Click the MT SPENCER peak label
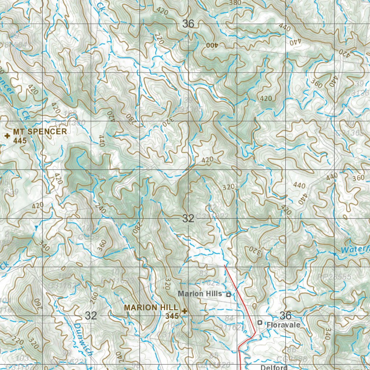coord(40,132)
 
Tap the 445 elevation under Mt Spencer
coord(20,141)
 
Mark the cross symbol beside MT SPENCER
coord(7,136)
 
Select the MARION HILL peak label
coord(151,307)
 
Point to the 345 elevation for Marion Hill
coord(172,316)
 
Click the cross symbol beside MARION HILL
coord(185,311)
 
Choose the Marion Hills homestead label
coord(199,294)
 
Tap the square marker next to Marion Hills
coord(228,294)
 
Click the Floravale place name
coord(283,325)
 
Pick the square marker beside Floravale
coord(259,322)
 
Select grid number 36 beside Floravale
coord(285,315)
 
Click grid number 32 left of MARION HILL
coord(91,315)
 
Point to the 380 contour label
coord(235,3)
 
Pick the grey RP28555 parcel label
coord(334,276)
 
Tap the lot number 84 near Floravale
coord(229,318)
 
